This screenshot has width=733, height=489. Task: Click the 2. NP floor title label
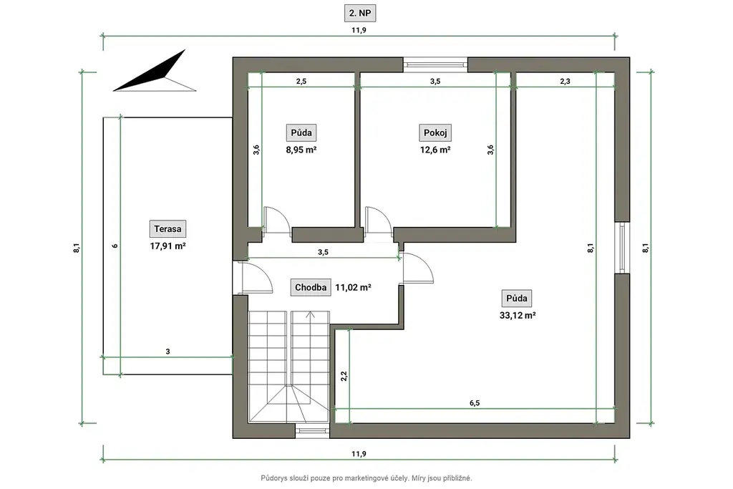[x=359, y=13]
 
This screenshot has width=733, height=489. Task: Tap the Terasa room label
[x=168, y=229]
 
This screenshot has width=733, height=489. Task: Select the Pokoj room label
[x=435, y=132]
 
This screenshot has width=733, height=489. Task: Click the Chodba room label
[x=311, y=288]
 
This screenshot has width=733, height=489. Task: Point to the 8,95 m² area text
[x=301, y=150]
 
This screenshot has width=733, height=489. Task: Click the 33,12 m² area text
[x=518, y=316]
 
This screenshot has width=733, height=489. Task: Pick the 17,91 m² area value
[x=168, y=246]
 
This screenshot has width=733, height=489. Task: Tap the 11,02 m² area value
[x=353, y=288]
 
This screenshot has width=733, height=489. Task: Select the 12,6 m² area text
[x=435, y=150]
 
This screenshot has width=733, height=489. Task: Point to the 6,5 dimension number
[x=475, y=403]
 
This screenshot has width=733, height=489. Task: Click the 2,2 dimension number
[x=344, y=376]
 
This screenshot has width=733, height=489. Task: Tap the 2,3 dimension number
[x=565, y=82]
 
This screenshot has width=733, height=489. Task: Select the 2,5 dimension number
[x=301, y=82]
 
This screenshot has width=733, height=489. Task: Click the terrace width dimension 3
[x=168, y=352]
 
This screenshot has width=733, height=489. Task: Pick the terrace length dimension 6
[x=115, y=246]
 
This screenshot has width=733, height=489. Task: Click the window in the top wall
[x=435, y=64]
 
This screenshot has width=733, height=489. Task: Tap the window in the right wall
[x=622, y=247]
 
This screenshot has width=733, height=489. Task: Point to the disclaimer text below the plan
[x=366, y=478]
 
